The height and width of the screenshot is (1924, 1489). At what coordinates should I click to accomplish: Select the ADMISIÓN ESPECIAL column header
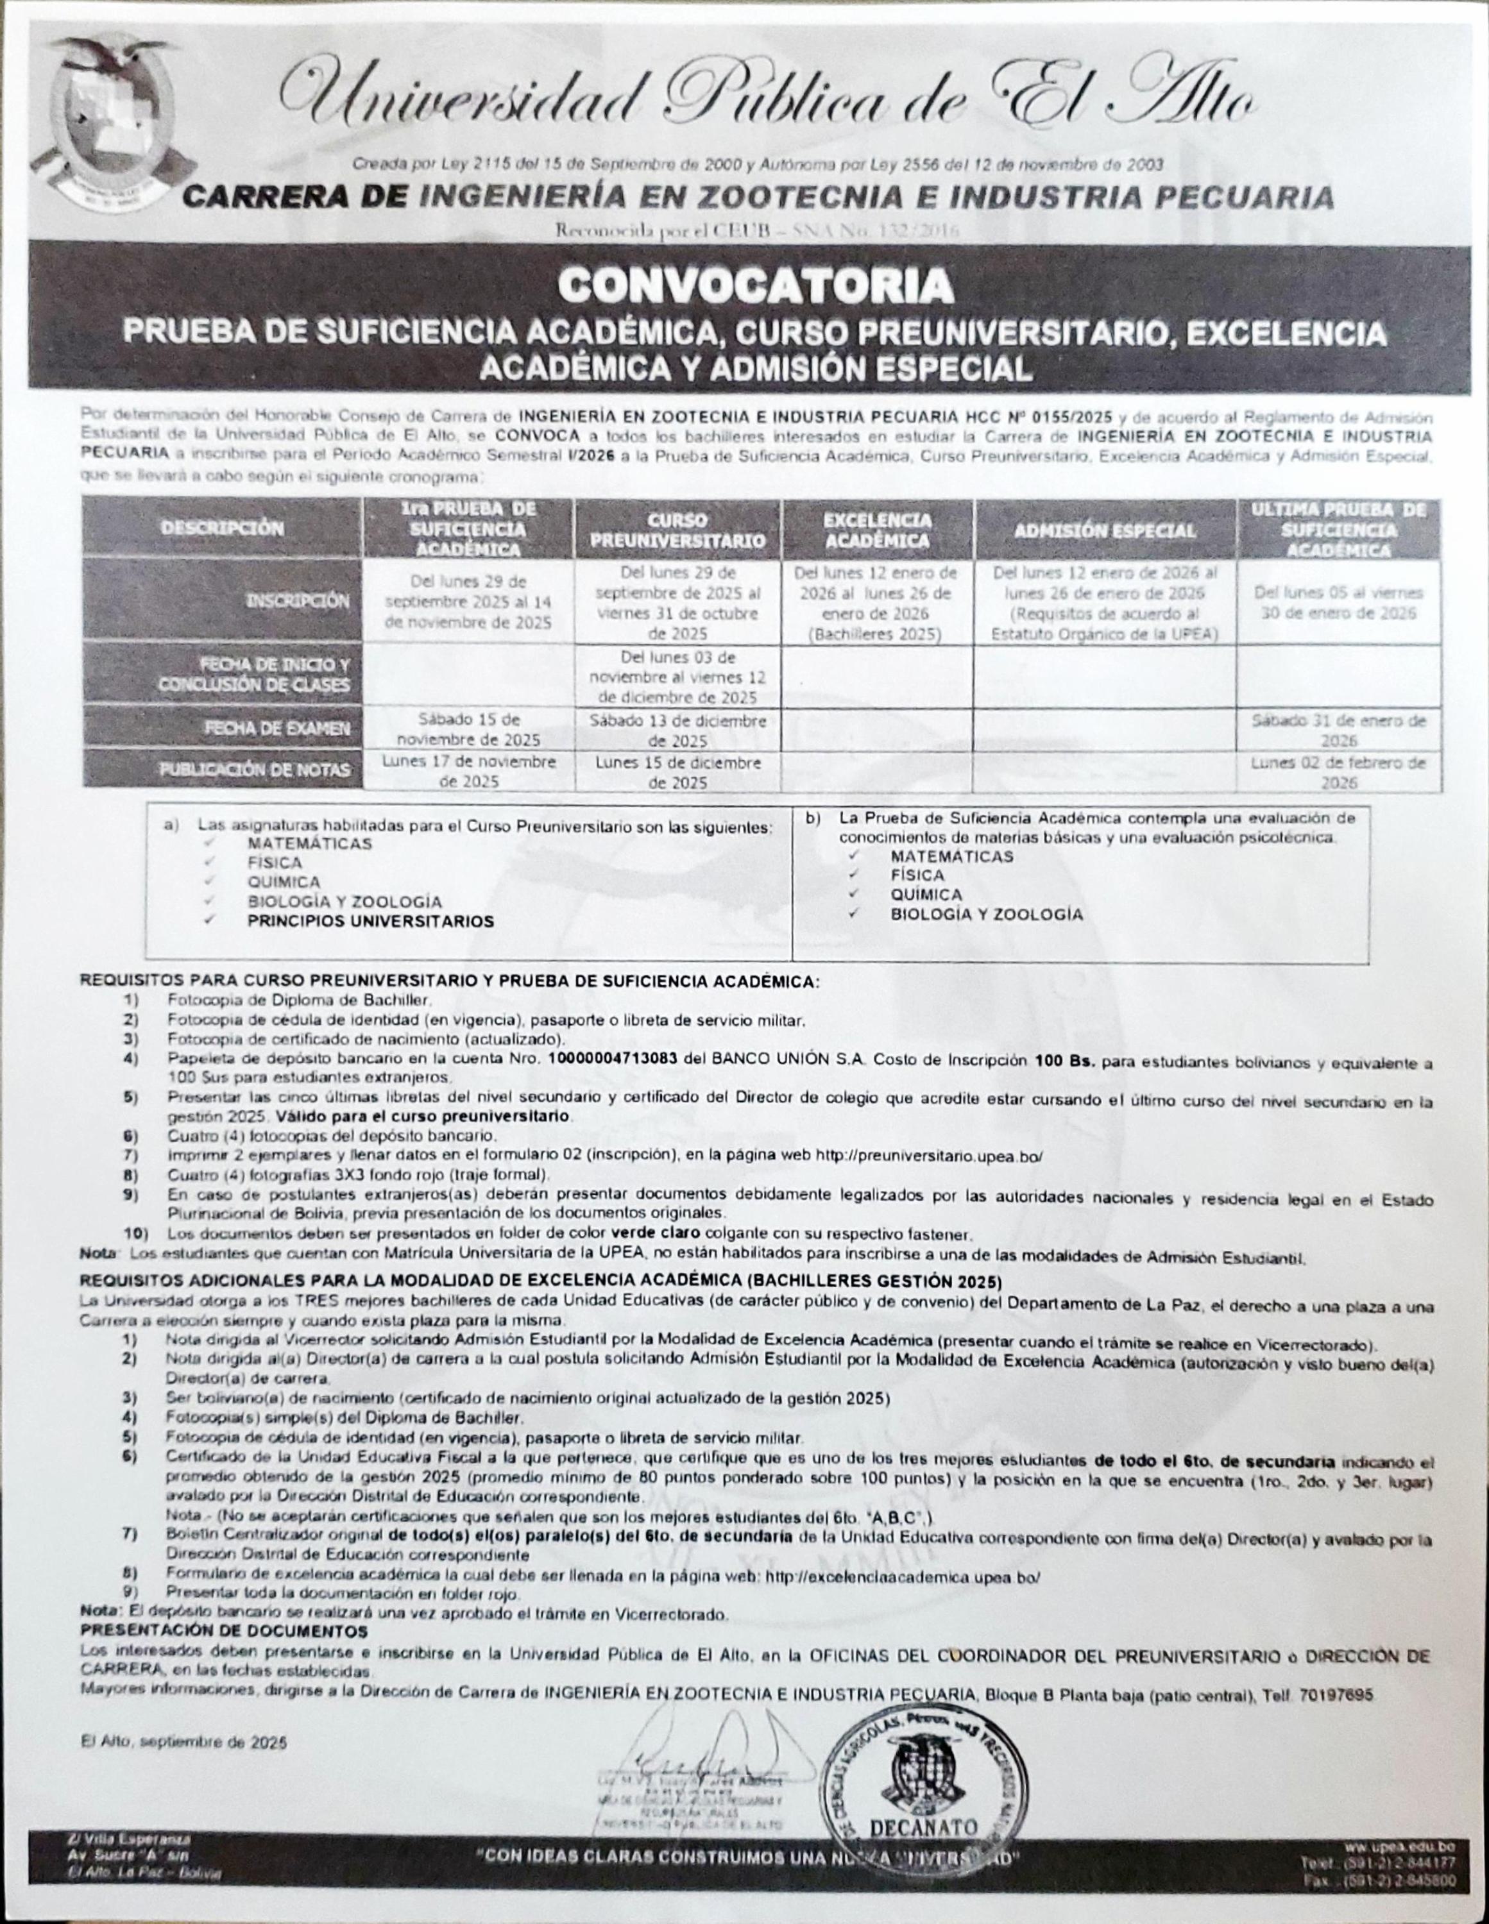pyautogui.click(x=1105, y=530)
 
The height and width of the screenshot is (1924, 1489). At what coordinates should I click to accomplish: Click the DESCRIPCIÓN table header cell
pyautogui.click(x=222, y=528)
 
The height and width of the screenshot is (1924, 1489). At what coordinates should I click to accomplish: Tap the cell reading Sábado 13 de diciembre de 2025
pyautogui.click(x=677, y=729)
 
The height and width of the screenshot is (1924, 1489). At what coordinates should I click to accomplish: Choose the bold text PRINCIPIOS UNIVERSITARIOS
pyautogui.click(x=370, y=922)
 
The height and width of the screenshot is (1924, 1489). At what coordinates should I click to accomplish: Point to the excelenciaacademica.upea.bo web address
pyautogui.click(x=903, y=1578)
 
